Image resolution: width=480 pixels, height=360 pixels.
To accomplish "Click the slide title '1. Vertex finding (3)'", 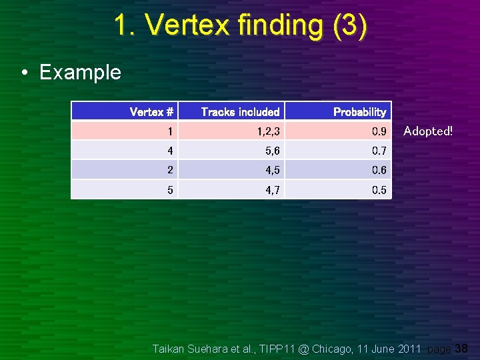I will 239,26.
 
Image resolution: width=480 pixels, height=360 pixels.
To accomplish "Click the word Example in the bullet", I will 80,72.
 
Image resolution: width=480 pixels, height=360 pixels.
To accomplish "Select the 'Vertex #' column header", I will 151,112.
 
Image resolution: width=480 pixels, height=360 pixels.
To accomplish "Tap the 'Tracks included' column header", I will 240,112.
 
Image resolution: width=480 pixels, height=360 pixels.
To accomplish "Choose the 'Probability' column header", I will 359,112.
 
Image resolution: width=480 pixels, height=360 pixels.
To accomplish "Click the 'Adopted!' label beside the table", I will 428,131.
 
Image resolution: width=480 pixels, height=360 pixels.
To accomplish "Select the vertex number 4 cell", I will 170,151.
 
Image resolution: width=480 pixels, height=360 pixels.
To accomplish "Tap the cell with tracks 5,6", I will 272,151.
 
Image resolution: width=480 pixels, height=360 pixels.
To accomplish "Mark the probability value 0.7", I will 379,151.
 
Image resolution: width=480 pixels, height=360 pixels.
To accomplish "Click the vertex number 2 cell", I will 170,170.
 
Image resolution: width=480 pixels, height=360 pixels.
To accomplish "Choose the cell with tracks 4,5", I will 272,170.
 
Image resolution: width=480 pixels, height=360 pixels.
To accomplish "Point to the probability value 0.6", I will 379,170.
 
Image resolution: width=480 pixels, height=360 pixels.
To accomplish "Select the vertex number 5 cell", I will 170,190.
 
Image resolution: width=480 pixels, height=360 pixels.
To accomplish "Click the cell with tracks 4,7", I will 272,190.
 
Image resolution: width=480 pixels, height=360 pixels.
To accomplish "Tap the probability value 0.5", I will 379,190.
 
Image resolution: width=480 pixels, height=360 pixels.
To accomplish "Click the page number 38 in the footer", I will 461,348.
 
